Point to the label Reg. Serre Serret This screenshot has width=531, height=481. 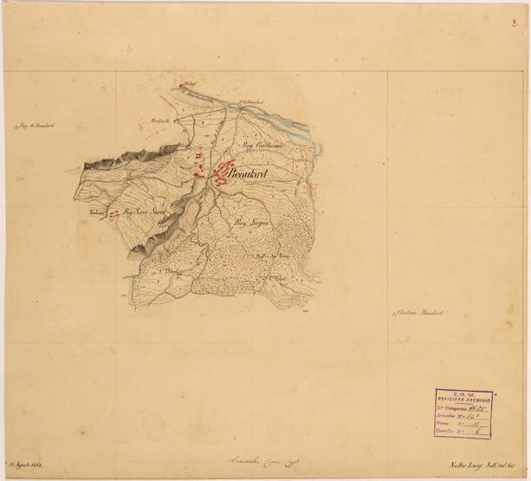[x=144, y=210]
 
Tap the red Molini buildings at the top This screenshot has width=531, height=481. [x=182, y=85]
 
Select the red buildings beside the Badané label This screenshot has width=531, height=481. [x=113, y=213]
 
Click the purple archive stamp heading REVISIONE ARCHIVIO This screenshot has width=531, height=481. [x=463, y=399]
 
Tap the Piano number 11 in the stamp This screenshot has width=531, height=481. [x=475, y=423]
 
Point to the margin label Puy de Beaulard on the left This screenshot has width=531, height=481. [x=36, y=127]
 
